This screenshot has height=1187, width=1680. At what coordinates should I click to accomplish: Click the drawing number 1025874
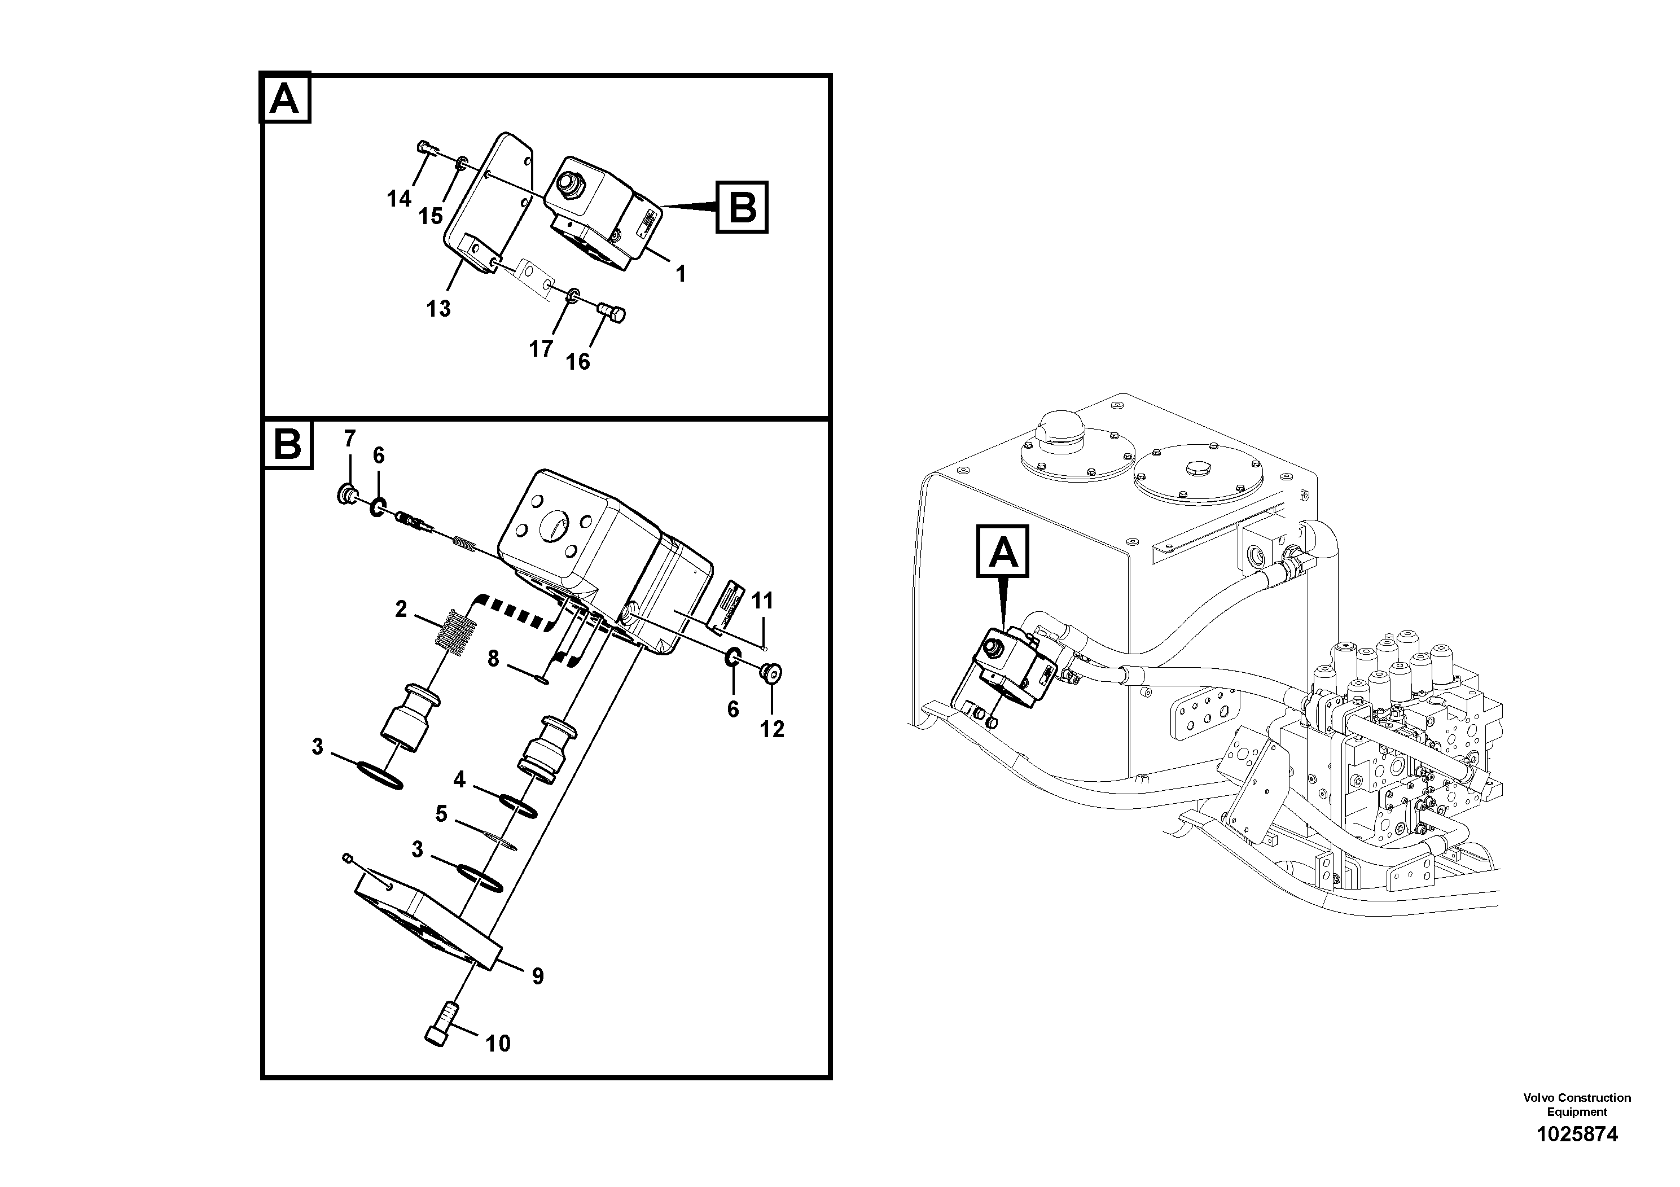[1577, 1135]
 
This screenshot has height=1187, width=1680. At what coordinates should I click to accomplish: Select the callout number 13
[438, 309]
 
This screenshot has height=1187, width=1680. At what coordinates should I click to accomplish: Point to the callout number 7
[350, 439]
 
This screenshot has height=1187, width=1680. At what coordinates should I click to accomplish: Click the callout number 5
[441, 814]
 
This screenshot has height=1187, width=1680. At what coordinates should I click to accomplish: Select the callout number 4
[459, 780]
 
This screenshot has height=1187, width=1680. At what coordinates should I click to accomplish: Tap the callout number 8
[493, 659]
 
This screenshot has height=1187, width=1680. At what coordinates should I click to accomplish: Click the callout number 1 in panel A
[681, 274]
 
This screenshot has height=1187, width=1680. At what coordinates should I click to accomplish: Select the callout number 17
[541, 350]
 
